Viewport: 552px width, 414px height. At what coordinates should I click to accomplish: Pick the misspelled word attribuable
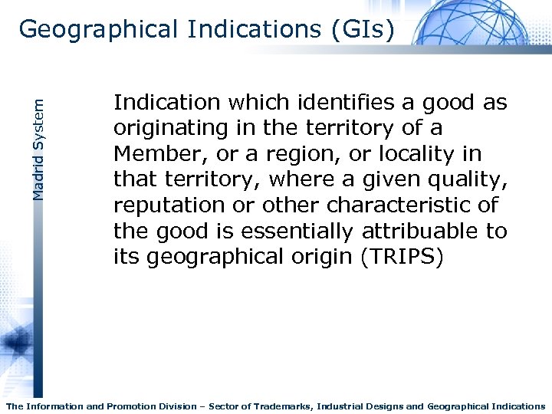[419, 231]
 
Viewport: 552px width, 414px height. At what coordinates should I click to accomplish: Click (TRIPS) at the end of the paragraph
[401, 257]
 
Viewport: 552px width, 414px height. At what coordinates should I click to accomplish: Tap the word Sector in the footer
[222, 406]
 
